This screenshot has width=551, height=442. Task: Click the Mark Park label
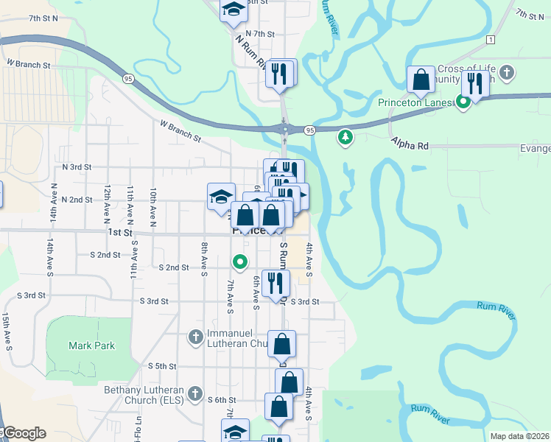coord(91,345)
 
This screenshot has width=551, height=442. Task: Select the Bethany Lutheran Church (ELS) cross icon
coord(195,393)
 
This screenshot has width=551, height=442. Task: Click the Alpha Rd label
coord(410,145)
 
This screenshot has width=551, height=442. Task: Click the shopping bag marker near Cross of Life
coord(421,80)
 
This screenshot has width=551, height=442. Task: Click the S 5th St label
coord(163,366)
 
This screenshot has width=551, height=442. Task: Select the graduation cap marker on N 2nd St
coord(221,197)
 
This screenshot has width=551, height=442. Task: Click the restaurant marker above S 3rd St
coord(275,284)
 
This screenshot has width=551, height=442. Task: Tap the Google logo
coord(24,433)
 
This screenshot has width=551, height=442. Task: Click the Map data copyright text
coord(519,436)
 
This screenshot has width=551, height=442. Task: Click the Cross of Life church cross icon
coord(505,73)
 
